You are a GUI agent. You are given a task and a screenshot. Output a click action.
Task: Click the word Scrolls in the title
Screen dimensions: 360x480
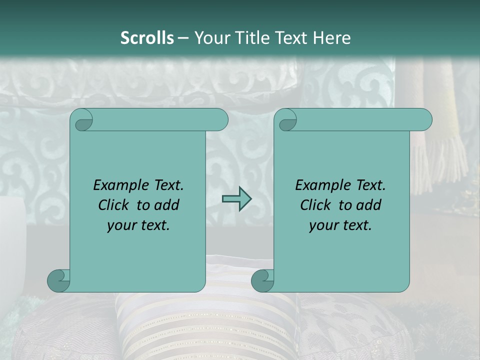[147, 38]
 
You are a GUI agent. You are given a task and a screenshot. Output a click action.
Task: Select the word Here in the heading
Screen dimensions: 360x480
[332, 38]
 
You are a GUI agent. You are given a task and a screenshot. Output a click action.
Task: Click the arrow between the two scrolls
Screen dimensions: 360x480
[236, 198]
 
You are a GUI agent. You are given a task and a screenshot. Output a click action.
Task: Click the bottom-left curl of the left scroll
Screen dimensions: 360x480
[58, 280]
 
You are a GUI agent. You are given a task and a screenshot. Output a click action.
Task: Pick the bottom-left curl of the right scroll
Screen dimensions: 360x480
[262, 280]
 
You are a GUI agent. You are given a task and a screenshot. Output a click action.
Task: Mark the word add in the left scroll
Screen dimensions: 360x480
[167, 205]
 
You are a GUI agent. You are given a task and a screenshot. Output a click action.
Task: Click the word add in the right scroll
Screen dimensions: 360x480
[369, 205]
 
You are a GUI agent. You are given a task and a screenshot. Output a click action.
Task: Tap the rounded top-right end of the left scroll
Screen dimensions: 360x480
[220, 120]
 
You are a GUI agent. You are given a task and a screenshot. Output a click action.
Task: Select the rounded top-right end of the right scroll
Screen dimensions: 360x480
[424, 120]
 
